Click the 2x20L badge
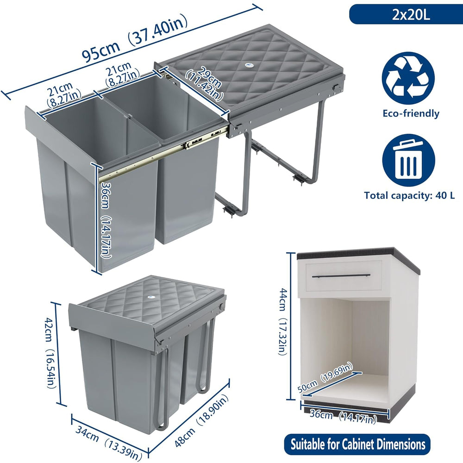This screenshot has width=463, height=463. (406, 14)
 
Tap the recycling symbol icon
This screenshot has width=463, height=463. (408, 78)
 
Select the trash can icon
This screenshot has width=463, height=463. (408, 160)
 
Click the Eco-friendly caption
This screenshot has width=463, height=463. (411, 113)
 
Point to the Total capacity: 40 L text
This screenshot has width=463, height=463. (409, 195)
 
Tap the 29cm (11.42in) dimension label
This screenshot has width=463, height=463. (204, 83)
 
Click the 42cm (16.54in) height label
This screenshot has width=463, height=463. (50, 352)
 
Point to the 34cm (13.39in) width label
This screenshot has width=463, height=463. (108, 443)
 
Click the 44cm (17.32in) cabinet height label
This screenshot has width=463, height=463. (283, 321)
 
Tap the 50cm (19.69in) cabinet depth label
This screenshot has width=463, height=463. (325, 377)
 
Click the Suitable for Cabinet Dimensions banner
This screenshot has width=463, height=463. (357, 444)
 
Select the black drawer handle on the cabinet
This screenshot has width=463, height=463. (341, 276)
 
